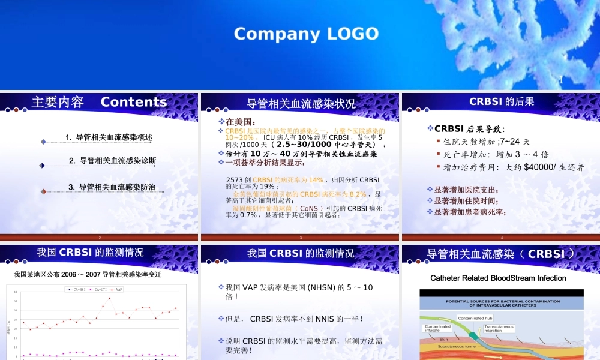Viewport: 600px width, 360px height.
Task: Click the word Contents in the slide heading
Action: tap(134, 102)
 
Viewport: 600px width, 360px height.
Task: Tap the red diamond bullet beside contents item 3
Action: tap(43, 191)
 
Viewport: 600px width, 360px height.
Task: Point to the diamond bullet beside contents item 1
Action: tap(43, 142)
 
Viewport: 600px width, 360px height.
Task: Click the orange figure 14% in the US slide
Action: tap(315, 180)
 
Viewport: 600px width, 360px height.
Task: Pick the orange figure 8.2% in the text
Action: tap(357, 194)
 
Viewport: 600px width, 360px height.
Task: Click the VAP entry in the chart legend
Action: tap(119, 289)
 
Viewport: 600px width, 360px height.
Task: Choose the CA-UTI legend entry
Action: tap(99, 289)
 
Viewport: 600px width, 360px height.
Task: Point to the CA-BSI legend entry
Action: tap(77, 289)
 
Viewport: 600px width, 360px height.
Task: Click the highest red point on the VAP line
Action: tap(109, 298)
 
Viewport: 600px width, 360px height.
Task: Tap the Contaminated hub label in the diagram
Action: tap(475, 318)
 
